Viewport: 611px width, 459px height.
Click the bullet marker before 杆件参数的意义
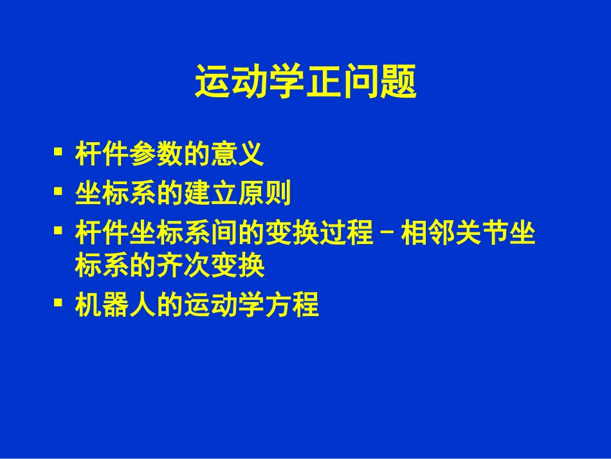tap(59, 153)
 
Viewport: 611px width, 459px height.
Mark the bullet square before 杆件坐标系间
tap(59, 229)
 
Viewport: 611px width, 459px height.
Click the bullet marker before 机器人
tap(59, 301)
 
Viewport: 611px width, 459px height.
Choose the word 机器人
tap(115, 304)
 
